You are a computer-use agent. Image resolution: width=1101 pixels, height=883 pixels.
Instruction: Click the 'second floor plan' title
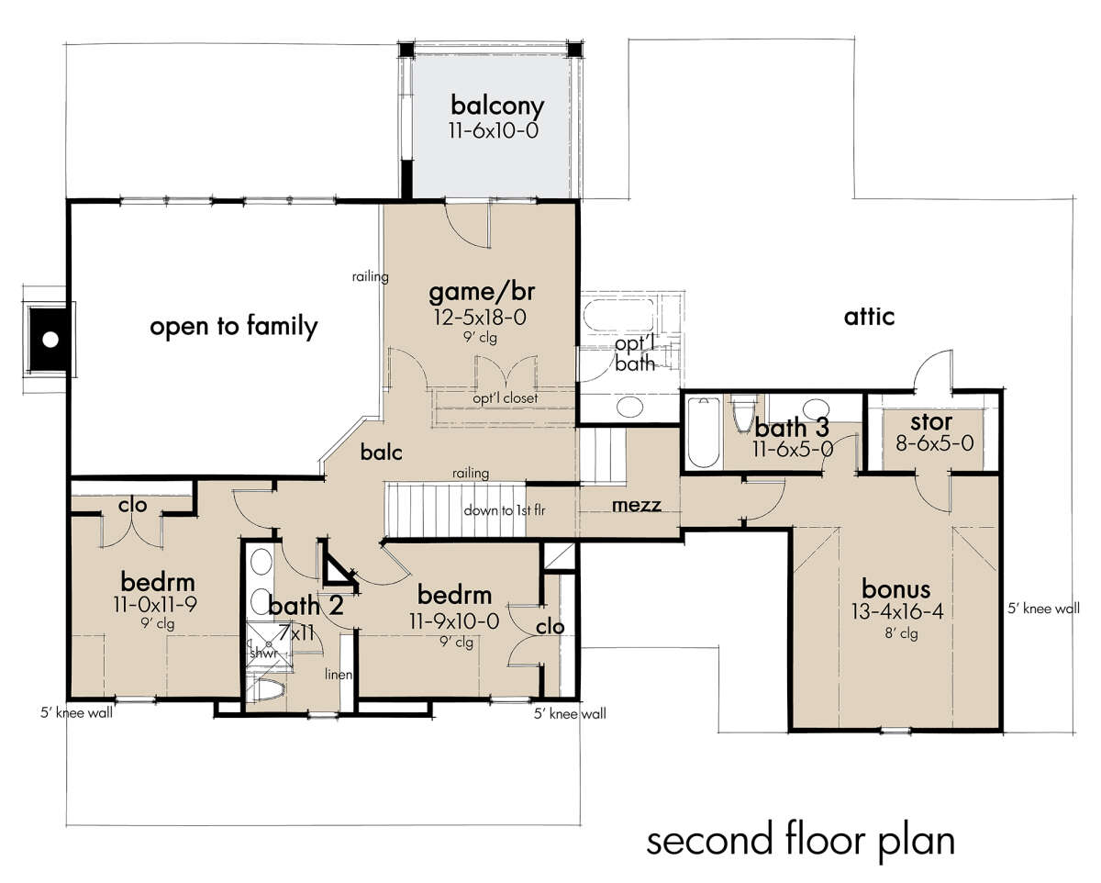click(x=801, y=842)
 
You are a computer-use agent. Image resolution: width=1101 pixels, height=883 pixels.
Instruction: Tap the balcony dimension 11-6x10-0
click(x=494, y=130)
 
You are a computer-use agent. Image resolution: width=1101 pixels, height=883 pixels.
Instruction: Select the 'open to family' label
click(x=234, y=327)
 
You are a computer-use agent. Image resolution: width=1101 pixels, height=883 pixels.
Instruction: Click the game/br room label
click(x=482, y=292)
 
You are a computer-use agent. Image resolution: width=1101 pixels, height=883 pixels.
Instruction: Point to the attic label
click(x=869, y=317)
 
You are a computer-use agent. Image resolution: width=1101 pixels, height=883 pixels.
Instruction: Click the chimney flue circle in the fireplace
click(x=50, y=340)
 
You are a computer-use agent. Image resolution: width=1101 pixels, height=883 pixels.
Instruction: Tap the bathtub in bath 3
click(x=704, y=432)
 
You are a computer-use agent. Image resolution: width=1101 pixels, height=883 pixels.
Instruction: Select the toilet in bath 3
click(x=743, y=413)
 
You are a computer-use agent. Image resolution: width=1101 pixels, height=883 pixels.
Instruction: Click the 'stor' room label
click(x=931, y=422)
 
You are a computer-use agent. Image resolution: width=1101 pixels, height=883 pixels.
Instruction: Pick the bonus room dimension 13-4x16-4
click(x=897, y=611)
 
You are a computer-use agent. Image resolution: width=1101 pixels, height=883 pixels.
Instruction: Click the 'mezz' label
click(x=637, y=506)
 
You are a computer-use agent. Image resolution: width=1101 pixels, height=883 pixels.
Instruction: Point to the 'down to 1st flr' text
click(x=505, y=510)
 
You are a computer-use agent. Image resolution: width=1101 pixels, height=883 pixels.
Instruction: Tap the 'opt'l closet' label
click(x=506, y=397)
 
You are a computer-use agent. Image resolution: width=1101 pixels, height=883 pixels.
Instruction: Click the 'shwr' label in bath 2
click(x=263, y=654)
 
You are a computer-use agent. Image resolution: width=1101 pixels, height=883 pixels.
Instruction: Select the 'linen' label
click(x=339, y=674)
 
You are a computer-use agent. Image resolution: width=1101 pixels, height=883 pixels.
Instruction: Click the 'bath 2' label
click(x=306, y=606)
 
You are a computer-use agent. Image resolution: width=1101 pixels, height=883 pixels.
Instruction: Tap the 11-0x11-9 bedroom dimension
click(x=155, y=605)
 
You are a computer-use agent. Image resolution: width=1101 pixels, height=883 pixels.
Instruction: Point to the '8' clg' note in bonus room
click(x=901, y=633)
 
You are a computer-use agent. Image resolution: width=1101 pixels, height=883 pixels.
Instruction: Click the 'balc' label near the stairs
click(x=381, y=452)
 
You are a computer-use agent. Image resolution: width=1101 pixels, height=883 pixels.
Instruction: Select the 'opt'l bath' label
click(x=635, y=353)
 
